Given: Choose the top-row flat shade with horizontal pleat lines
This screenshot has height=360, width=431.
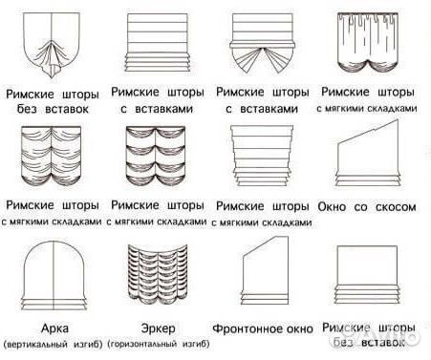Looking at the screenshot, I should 158,43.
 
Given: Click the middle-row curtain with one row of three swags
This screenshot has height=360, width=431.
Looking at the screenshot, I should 52,158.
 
